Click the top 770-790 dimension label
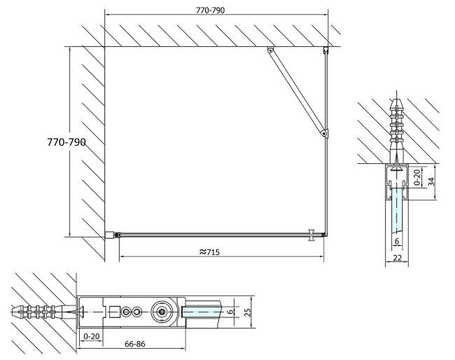(x=210, y=11)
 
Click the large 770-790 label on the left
(x=66, y=142)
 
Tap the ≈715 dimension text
(x=210, y=252)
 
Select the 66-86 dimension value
(x=134, y=344)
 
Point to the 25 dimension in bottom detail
(x=248, y=312)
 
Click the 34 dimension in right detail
(x=431, y=181)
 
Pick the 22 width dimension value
(x=398, y=258)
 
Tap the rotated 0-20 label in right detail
(x=417, y=177)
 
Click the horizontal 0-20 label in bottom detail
(x=92, y=336)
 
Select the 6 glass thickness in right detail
(x=397, y=241)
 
